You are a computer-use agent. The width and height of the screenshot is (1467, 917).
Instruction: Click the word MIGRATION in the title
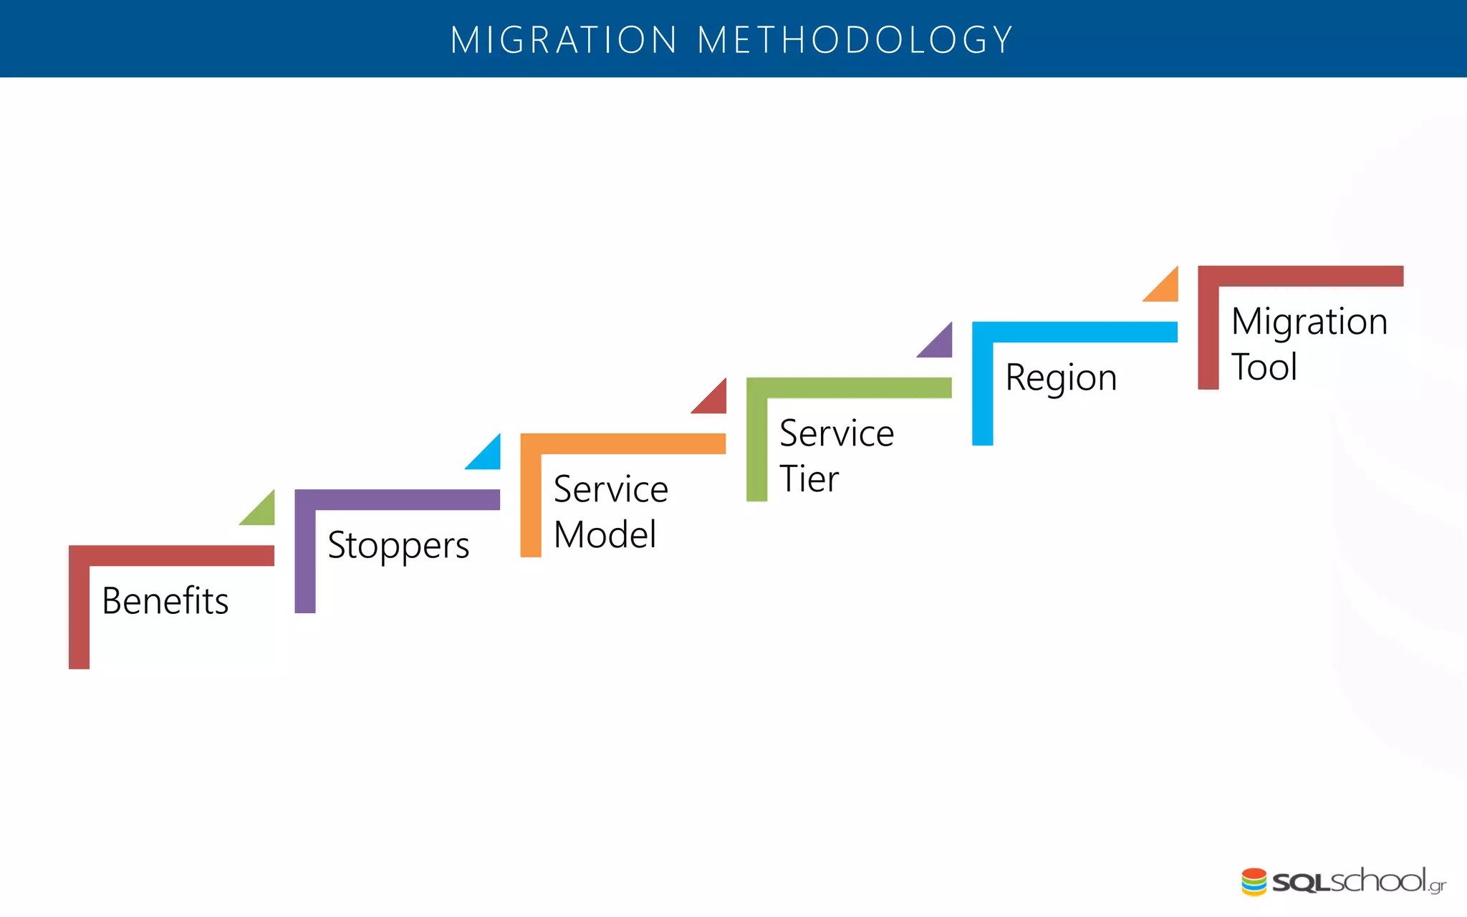pyautogui.click(x=564, y=40)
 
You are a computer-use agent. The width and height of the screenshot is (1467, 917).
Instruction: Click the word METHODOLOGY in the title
pyautogui.click(x=855, y=40)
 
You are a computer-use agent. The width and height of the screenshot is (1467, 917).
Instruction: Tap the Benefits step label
pyautogui.click(x=165, y=600)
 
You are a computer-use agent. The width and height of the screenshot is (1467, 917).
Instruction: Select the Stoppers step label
pyautogui.click(x=398, y=545)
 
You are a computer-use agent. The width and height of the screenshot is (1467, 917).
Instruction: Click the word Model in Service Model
pyautogui.click(x=605, y=534)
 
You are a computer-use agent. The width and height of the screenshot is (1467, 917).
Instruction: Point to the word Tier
pyautogui.click(x=809, y=479)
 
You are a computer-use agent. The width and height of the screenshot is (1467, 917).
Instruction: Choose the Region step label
pyautogui.click(x=1061, y=378)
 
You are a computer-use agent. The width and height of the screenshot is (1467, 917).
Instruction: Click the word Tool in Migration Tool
pyautogui.click(x=1264, y=367)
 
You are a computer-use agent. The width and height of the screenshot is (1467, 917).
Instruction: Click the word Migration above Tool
pyautogui.click(x=1309, y=322)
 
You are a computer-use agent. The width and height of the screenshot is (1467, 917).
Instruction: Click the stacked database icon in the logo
pyautogui.click(x=1254, y=882)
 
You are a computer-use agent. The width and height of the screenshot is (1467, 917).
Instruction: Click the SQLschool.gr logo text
pyautogui.click(x=1358, y=882)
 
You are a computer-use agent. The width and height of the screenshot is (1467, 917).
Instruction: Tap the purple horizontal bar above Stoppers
pyautogui.click(x=407, y=499)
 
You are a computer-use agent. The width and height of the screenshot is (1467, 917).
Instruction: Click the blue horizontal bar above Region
pyautogui.click(x=1084, y=332)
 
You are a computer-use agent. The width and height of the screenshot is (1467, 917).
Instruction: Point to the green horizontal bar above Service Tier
pyautogui.click(x=859, y=388)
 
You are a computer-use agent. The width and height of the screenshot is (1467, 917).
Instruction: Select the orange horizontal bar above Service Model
pyautogui.click(x=633, y=443)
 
